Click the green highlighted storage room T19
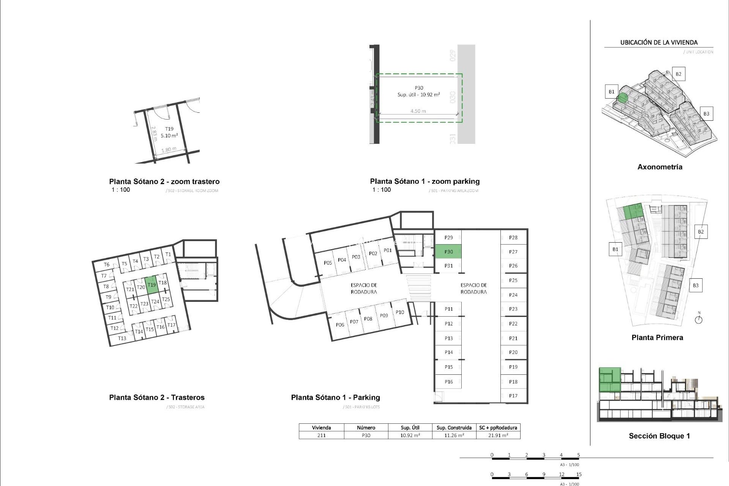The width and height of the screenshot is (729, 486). click(x=151, y=285)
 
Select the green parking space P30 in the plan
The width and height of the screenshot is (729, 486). click(x=448, y=252)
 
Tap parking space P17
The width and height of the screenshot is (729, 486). click(x=513, y=396)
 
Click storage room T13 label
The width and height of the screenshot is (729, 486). click(x=122, y=338)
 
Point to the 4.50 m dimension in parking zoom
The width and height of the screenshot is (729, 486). click(x=418, y=111)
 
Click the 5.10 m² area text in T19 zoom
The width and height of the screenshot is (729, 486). click(x=169, y=136)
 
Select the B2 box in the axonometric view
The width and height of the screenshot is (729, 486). click(x=679, y=74)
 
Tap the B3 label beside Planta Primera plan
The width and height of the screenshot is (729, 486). click(x=696, y=286)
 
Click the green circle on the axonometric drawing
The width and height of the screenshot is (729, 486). click(x=622, y=98)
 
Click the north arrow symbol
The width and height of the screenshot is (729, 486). click(x=699, y=319)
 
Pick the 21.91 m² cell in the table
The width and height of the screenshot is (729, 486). click(x=498, y=436)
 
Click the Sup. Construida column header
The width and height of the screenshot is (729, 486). click(x=454, y=428)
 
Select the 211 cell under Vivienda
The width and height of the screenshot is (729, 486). click(x=321, y=436)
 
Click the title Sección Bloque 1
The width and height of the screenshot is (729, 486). click(x=659, y=436)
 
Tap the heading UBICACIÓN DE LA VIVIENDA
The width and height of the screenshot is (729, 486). click(x=659, y=43)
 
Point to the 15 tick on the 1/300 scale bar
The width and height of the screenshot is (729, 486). click(x=579, y=475)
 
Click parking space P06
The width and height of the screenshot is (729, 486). click(x=340, y=325)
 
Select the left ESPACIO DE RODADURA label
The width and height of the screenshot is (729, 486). click(x=364, y=289)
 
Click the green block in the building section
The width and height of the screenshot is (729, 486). click(x=610, y=380)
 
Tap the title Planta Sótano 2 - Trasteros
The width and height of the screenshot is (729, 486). click(x=157, y=398)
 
